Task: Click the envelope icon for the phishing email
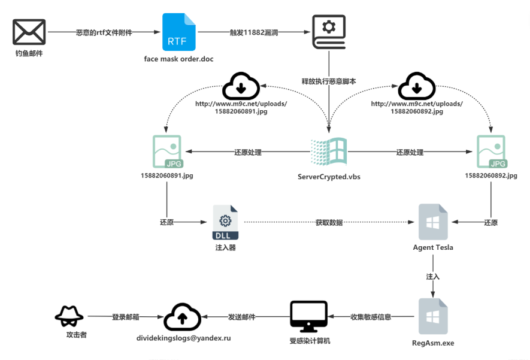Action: (29, 32)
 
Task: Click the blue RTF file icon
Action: (178, 32)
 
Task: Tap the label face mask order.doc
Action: (178, 59)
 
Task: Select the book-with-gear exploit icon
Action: (329, 32)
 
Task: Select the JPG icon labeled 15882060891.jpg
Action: (166, 152)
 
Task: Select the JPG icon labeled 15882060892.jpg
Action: (491, 152)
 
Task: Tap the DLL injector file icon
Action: (225, 222)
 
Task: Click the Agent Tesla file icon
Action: (433, 222)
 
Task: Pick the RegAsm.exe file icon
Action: (433, 316)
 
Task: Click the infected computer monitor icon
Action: (308, 316)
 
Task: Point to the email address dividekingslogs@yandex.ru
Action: (183, 338)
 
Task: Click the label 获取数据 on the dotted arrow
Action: (329, 223)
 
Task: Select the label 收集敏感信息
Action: (371, 317)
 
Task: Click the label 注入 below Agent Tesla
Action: (432, 277)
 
